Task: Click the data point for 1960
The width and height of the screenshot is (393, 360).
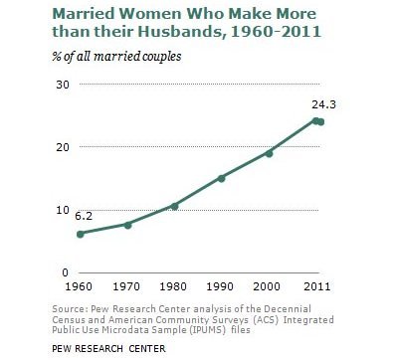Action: pyautogui.click(x=80, y=234)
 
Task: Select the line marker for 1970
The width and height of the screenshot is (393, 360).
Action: pyautogui.click(x=127, y=225)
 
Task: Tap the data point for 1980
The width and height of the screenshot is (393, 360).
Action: pyautogui.click(x=174, y=206)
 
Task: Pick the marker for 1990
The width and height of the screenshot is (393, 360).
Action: pyautogui.click(x=221, y=178)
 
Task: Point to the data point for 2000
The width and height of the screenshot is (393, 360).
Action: pyautogui.click(x=269, y=153)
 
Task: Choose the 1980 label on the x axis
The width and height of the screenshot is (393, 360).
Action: pyautogui.click(x=174, y=287)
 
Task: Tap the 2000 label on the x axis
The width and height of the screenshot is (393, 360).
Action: pyautogui.click(x=269, y=287)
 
